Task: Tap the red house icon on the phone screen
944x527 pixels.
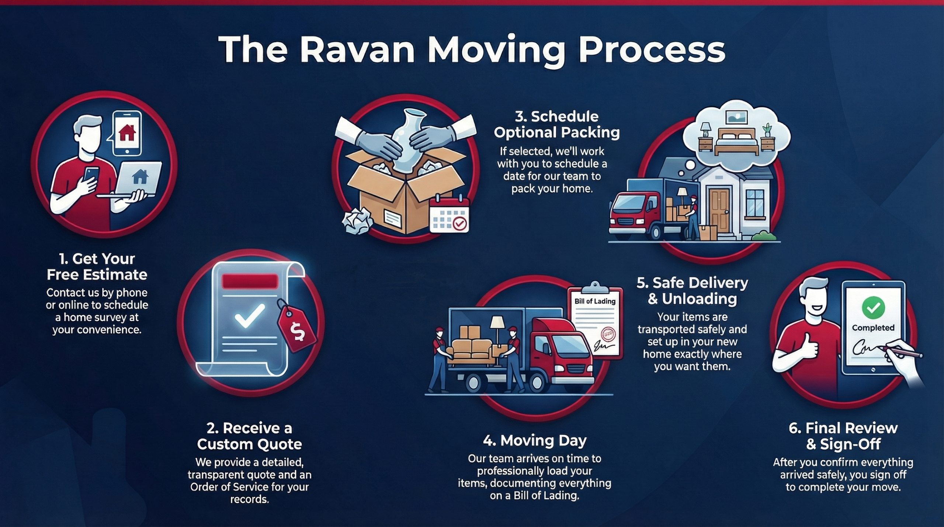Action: pos(127,133)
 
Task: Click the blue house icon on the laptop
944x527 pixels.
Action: pos(140,176)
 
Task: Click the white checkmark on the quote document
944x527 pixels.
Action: pos(250,316)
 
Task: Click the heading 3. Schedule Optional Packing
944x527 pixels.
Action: pos(556,124)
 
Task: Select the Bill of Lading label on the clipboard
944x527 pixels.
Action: pos(595,301)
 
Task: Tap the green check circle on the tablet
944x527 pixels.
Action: pos(873,307)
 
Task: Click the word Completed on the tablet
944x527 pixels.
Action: pos(873,328)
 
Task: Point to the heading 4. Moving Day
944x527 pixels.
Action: pos(535,441)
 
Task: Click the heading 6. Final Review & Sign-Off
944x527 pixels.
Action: pos(843,436)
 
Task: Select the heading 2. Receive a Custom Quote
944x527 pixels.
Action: pos(250,436)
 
